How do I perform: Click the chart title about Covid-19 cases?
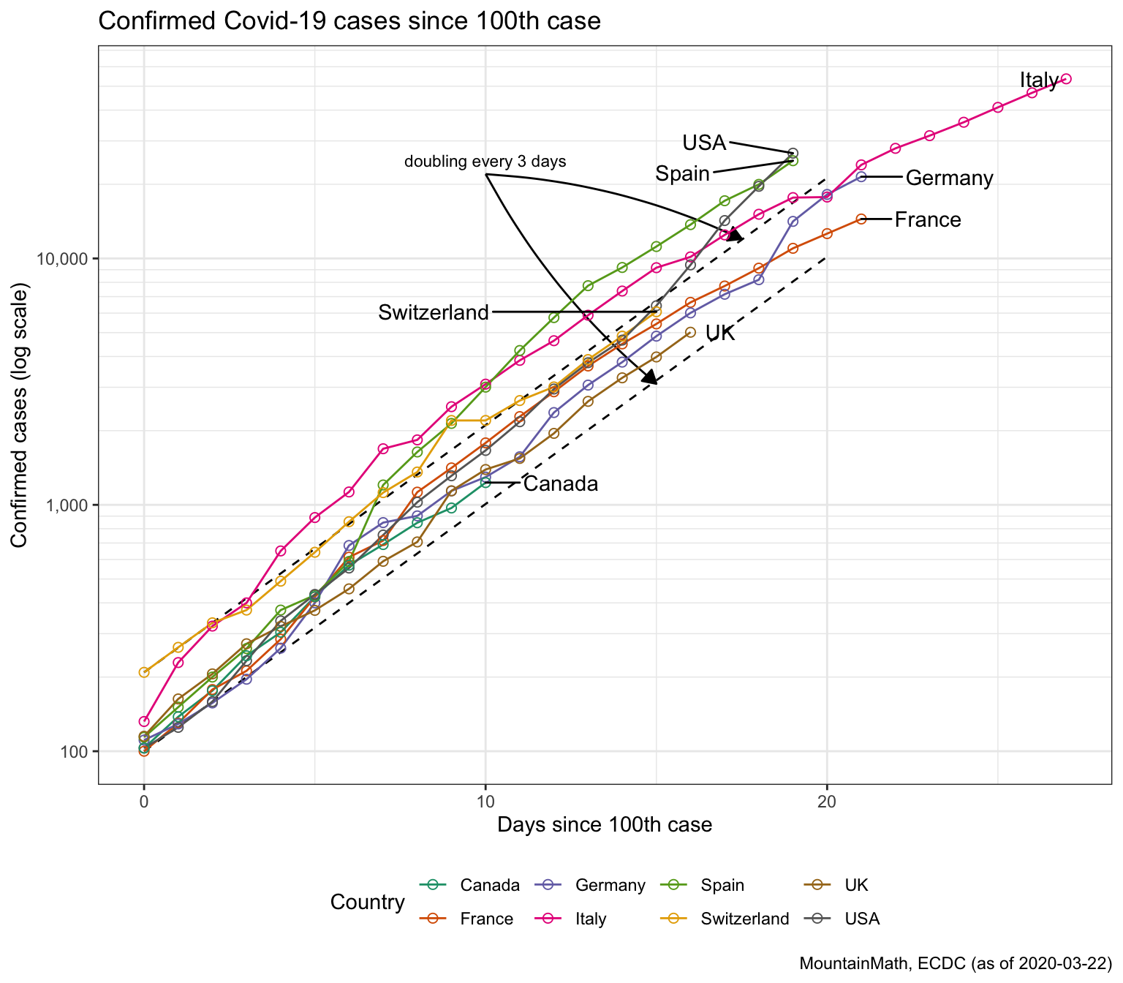click(349, 21)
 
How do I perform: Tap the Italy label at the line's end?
click(1038, 80)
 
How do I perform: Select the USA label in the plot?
click(703, 143)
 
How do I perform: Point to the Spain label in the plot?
click(682, 174)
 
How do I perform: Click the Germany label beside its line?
click(949, 178)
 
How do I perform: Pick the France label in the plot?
click(927, 220)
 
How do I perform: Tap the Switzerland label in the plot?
click(433, 313)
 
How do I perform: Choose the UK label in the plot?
click(719, 334)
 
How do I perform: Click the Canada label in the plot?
click(561, 484)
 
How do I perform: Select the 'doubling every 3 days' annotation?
click(485, 162)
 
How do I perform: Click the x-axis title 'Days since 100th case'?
click(604, 826)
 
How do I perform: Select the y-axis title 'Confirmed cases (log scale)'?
click(20, 418)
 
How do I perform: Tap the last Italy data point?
click(1065, 79)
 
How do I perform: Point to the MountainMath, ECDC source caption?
click(955, 963)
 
